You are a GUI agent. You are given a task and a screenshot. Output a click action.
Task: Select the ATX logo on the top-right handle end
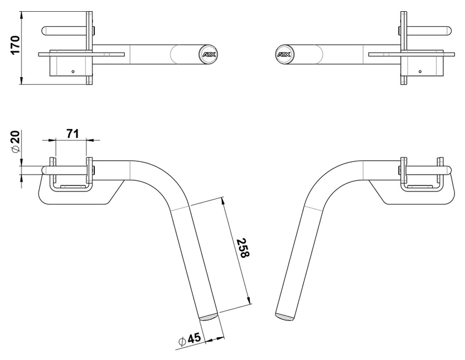coord(283,55)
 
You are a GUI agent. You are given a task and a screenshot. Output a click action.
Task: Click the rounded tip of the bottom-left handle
coord(210,317)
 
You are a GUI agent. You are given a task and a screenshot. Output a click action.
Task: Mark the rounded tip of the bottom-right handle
coord(284,316)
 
